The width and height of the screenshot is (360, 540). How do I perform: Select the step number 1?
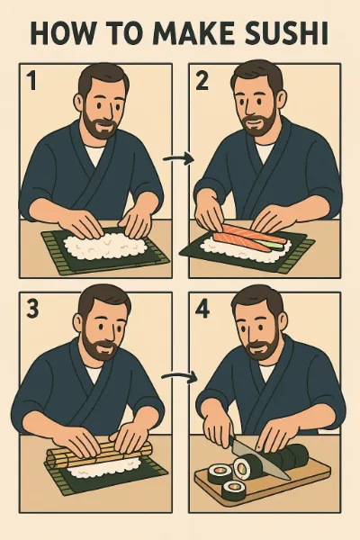pos(32,80)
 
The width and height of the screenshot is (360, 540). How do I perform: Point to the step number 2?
pos(202,81)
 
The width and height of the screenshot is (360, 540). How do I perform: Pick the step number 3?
pos(32,308)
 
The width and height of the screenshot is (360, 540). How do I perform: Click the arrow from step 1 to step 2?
pos(179,158)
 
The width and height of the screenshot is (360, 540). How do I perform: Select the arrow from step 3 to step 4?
pos(179,376)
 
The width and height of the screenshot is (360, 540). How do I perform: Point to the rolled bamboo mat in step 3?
pos(100,454)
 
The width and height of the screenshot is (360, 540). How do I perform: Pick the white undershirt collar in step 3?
pos(94,373)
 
